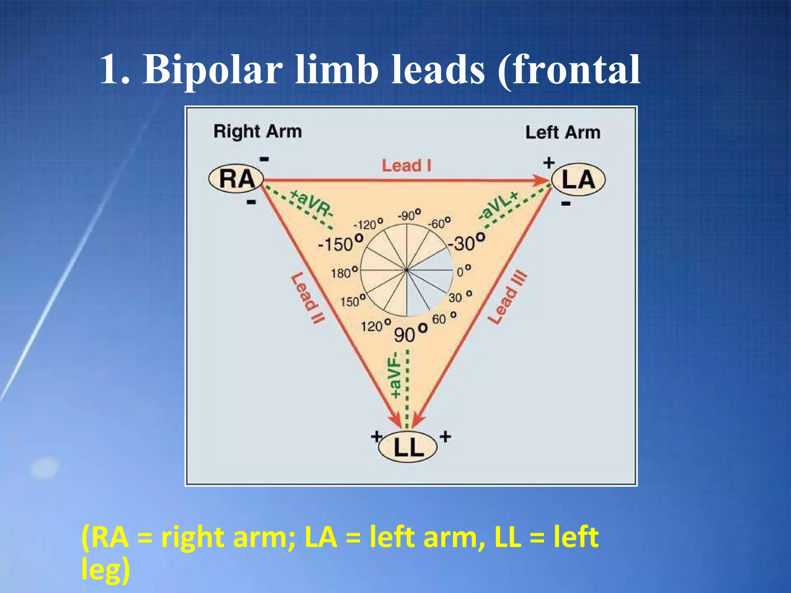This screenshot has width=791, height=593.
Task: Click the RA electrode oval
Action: coord(236,179)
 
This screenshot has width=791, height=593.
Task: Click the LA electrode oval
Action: coord(578,180)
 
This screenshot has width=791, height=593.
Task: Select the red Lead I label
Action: coord(406,166)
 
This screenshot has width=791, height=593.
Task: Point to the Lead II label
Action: coord(308,298)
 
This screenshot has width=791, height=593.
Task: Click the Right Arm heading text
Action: coord(258,132)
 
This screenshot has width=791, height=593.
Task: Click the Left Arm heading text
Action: coord(563,132)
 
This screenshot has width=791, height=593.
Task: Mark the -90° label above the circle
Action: coord(409,215)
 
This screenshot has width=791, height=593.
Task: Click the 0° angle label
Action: coord(464,271)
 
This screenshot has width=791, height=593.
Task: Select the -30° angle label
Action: coord(466,242)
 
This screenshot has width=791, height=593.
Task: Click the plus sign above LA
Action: coord(549,163)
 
